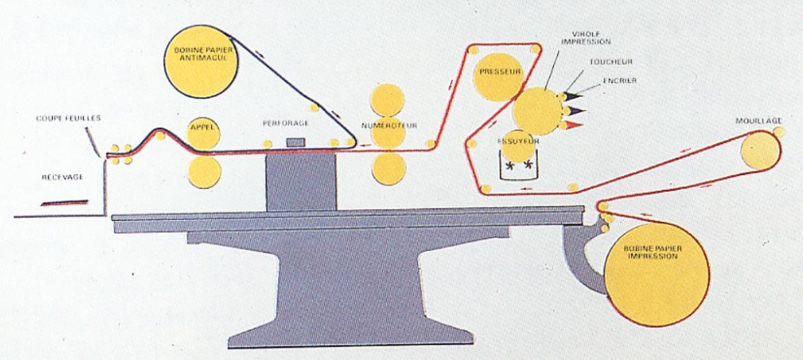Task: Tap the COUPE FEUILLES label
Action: pos(69,117)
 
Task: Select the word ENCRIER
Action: pos(620,81)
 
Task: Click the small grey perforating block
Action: pos(296,141)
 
